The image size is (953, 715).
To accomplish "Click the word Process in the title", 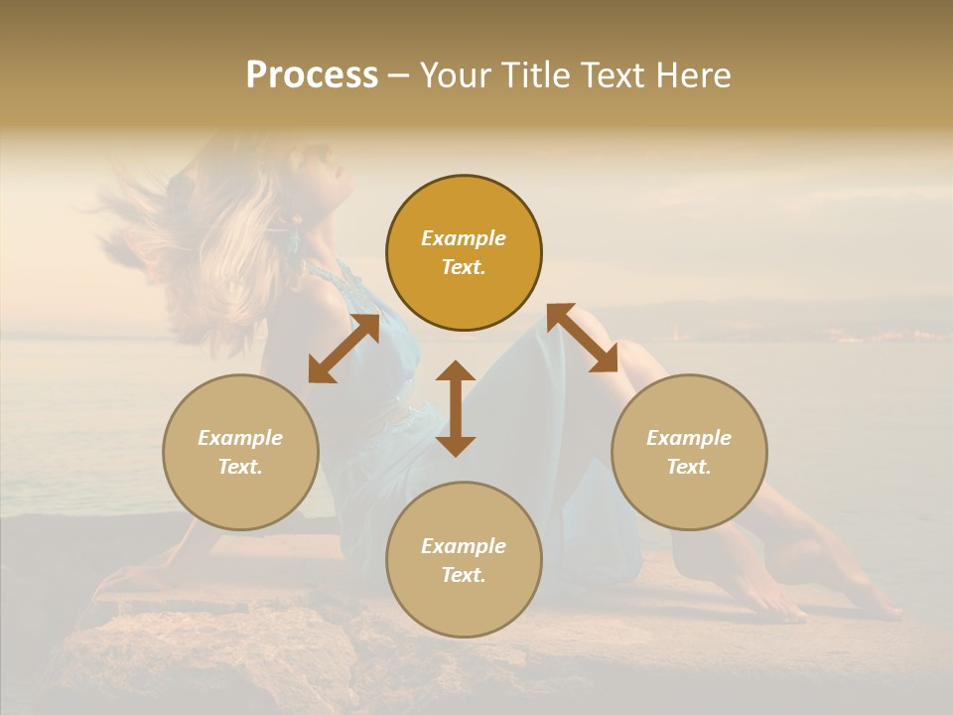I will tap(312, 75).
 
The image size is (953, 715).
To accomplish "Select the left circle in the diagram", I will tap(240, 452).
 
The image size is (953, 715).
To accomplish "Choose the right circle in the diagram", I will tap(689, 452).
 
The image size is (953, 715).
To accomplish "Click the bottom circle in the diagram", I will tap(464, 559).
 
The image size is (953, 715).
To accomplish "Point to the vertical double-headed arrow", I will tap(456, 409).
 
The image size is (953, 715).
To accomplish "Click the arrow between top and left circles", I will tap(343, 349).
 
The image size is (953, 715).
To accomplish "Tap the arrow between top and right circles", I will tap(582, 338).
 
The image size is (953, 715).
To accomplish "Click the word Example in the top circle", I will tap(464, 238).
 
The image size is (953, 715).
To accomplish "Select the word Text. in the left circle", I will tap(240, 467).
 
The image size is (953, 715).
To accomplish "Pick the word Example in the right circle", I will tap(689, 438).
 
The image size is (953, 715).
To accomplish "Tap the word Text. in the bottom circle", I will tap(464, 575).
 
